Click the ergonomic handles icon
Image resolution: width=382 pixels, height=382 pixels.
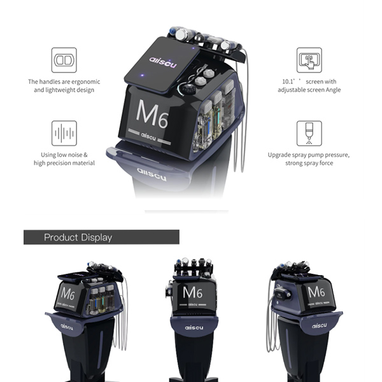tap(64, 60)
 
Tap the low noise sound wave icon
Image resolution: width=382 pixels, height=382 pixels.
tap(64, 133)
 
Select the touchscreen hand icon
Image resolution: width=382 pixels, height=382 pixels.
tap(309, 60)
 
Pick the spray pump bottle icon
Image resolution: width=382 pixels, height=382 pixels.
tap(309, 133)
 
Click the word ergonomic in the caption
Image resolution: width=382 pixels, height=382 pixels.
tap(86, 81)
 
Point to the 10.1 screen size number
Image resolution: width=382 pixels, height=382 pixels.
tap(288, 81)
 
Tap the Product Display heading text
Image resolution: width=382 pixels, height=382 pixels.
tap(78, 237)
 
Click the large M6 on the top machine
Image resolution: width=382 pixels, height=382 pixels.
tap(152, 114)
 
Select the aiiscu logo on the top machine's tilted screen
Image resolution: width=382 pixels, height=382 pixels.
tap(163, 62)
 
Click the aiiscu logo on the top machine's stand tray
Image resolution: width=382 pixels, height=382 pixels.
tap(152, 174)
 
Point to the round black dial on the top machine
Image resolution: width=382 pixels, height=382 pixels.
tap(188, 89)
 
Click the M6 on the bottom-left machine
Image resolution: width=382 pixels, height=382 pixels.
tap(67, 294)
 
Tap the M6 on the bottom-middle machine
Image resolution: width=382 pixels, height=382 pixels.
tap(192, 292)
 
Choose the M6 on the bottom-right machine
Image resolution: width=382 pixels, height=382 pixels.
tap(316, 292)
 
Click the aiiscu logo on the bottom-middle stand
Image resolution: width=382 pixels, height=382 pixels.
tap(194, 328)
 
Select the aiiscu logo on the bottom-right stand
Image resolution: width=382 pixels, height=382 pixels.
tap(320, 325)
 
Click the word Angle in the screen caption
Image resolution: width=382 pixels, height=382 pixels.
tap(333, 90)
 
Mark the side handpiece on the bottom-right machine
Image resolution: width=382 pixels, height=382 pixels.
tap(282, 294)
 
